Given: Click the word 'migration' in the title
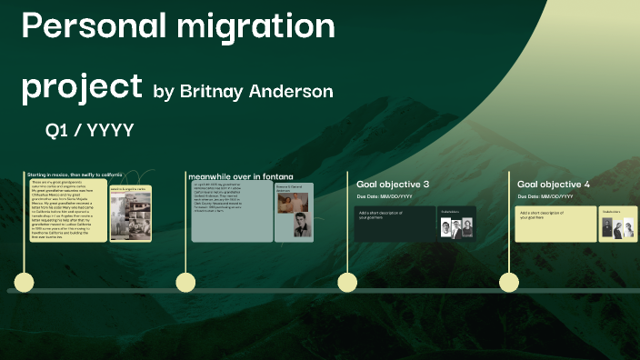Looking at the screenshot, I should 261,27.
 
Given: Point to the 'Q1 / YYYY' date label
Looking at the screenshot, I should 90,131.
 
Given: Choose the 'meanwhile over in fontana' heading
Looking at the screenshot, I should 240,175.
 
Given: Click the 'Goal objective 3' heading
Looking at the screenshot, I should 393,185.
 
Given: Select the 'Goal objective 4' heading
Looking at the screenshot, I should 554,185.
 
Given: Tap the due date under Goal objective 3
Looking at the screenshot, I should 385,196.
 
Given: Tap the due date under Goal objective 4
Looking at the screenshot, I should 545,196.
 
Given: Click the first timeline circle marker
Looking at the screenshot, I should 25,282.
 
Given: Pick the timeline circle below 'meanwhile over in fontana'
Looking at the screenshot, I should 186,282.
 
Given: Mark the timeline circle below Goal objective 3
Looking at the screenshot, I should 347,282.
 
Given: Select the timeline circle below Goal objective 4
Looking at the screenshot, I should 508,282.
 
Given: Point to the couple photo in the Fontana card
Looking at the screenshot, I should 291,201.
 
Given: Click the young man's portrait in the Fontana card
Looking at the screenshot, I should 302,226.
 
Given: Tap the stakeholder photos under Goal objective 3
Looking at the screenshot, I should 452,227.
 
